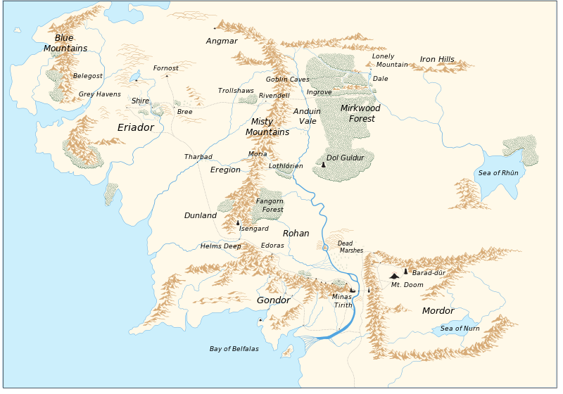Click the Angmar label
click(x=222, y=42)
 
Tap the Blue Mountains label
click(x=65, y=43)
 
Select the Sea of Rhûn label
click(x=498, y=173)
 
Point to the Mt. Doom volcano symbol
click(x=394, y=275)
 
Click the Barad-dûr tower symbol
click(x=406, y=271)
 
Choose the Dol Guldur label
click(x=346, y=158)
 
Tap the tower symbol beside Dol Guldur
click(x=323, y=165)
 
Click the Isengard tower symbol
click(x=238, y=222)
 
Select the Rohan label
click(x=296, y=234)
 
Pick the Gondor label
click(x=273, y=300)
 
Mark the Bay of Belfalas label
click(x=234, y=349)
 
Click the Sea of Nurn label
click(x=460, y=329)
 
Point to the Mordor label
click(x=438, y=311)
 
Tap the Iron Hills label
click(x=437, y=60)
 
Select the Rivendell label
click(x=274, y=96)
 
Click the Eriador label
click(x=135, y=128)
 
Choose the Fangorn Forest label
click(x=270, y=205)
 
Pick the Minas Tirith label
click(x=343, y=301)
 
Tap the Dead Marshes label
click(x=350, y=247)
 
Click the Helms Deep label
click(x=220, y=246)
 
